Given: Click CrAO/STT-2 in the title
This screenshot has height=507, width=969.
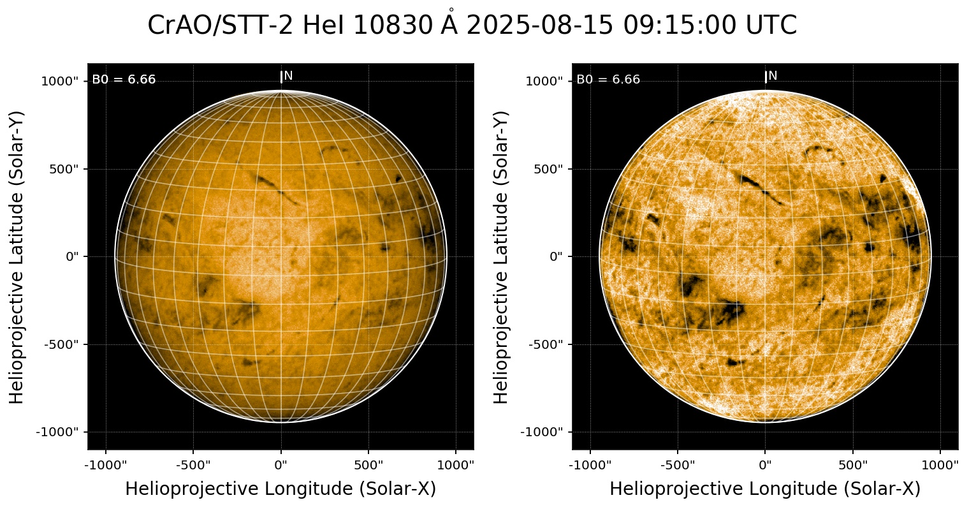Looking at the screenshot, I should tap(221, 26).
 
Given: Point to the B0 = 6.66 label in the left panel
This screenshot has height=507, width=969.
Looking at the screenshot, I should tap(124, 80).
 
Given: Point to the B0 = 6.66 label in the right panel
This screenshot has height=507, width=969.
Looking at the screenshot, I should tap(608, 80).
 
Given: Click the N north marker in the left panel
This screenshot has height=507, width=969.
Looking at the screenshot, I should tap(288, 76).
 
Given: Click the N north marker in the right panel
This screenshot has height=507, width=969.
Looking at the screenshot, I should tap(773, 76).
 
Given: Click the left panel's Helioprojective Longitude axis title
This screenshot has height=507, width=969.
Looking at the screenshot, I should tap(280, 489).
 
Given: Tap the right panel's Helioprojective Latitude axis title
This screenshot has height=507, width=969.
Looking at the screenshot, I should tap(502, 256).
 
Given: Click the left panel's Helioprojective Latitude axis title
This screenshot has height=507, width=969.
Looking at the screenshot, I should tap(17, 256).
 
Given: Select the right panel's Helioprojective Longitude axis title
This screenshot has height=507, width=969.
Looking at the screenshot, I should tap(765, 489).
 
